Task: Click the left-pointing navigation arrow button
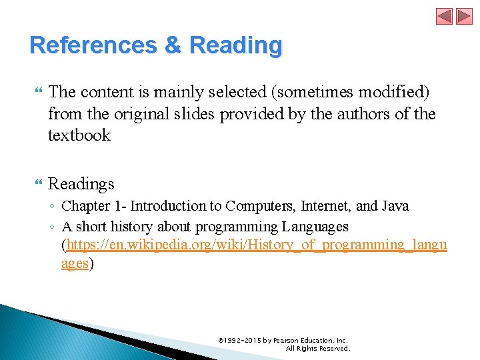point(445,16)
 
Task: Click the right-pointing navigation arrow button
point(464,16)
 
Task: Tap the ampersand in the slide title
point(173,45)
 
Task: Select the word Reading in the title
point(236,45)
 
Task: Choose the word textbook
point(79,135)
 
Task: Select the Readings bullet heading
point(81,183)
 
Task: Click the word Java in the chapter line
point(393,206)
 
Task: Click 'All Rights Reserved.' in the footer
point(317,348)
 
